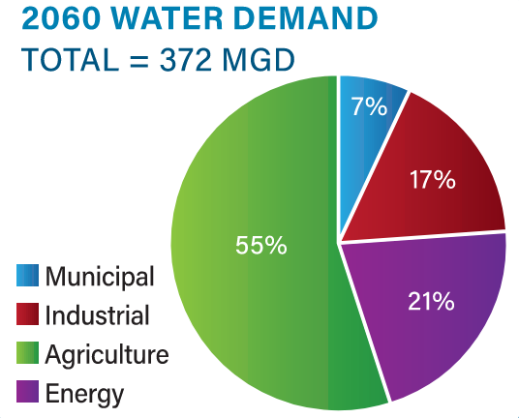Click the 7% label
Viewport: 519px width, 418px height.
coord(369,106)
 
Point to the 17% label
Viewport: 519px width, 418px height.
coord(431,179)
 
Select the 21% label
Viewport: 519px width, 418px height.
coord(431,301)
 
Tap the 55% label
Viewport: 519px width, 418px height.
coord(261,245)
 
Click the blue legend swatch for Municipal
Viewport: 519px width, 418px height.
coord(28,277)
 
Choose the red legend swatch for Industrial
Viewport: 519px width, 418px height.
coord(28,315)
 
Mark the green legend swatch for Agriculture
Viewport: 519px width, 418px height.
coord(28,354)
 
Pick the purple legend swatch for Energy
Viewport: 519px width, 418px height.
coord(28,393)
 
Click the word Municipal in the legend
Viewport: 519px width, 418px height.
coord(100,278)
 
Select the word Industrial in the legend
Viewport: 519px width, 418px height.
coord(97,315)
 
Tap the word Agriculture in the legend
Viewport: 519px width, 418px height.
coord(107,355)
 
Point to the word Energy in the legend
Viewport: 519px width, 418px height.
coord(84,394)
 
